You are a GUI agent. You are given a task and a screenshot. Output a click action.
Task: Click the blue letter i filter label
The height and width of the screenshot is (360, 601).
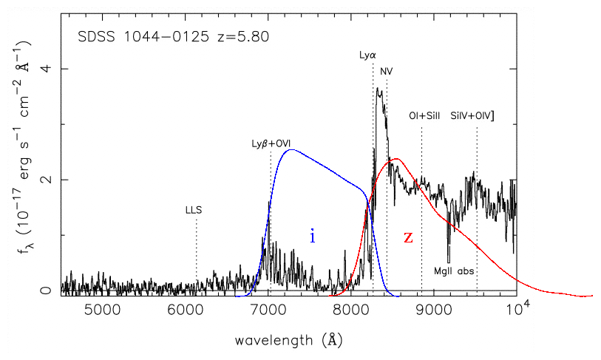[x=313, y=236]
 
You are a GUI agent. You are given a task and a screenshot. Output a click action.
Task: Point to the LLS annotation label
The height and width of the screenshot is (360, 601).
[x=194, y=210]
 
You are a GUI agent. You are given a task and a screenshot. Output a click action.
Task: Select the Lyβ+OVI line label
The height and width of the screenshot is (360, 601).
[x=271, y=143]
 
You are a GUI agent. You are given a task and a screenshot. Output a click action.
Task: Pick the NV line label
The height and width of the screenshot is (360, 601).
[x=387, y=71]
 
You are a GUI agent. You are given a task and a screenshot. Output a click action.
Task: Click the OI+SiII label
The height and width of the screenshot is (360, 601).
[x=424, y=116]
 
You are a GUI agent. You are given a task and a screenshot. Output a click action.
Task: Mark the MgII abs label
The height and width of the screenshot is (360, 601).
[x=454, y=271]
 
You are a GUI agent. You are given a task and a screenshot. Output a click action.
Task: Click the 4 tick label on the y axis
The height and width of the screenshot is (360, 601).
[x=44, y=69]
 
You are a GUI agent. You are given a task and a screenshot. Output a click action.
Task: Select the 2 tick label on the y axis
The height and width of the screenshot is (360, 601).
[x=44, y=180]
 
